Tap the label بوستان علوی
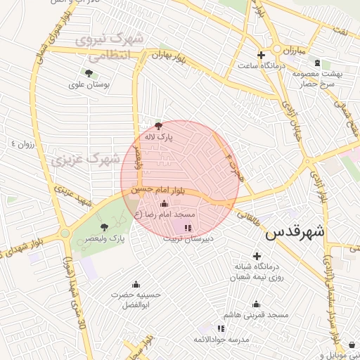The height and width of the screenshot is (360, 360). [86, 85]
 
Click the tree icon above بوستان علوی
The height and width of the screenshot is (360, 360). [89, 72]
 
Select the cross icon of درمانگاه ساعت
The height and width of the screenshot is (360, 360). [261, 55]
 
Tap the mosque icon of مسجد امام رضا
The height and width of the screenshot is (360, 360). [165, 202]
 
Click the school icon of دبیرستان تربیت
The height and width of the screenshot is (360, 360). [187, 227]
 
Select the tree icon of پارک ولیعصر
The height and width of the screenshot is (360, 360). [105, 226]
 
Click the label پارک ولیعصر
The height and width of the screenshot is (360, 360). [127, 239]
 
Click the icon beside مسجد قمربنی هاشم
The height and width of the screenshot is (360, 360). [256, 304]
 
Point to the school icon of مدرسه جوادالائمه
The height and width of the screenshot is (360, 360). [221, 328]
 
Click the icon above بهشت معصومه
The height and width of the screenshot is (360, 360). [316, 63]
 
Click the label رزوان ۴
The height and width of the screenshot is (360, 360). [22, 144]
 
